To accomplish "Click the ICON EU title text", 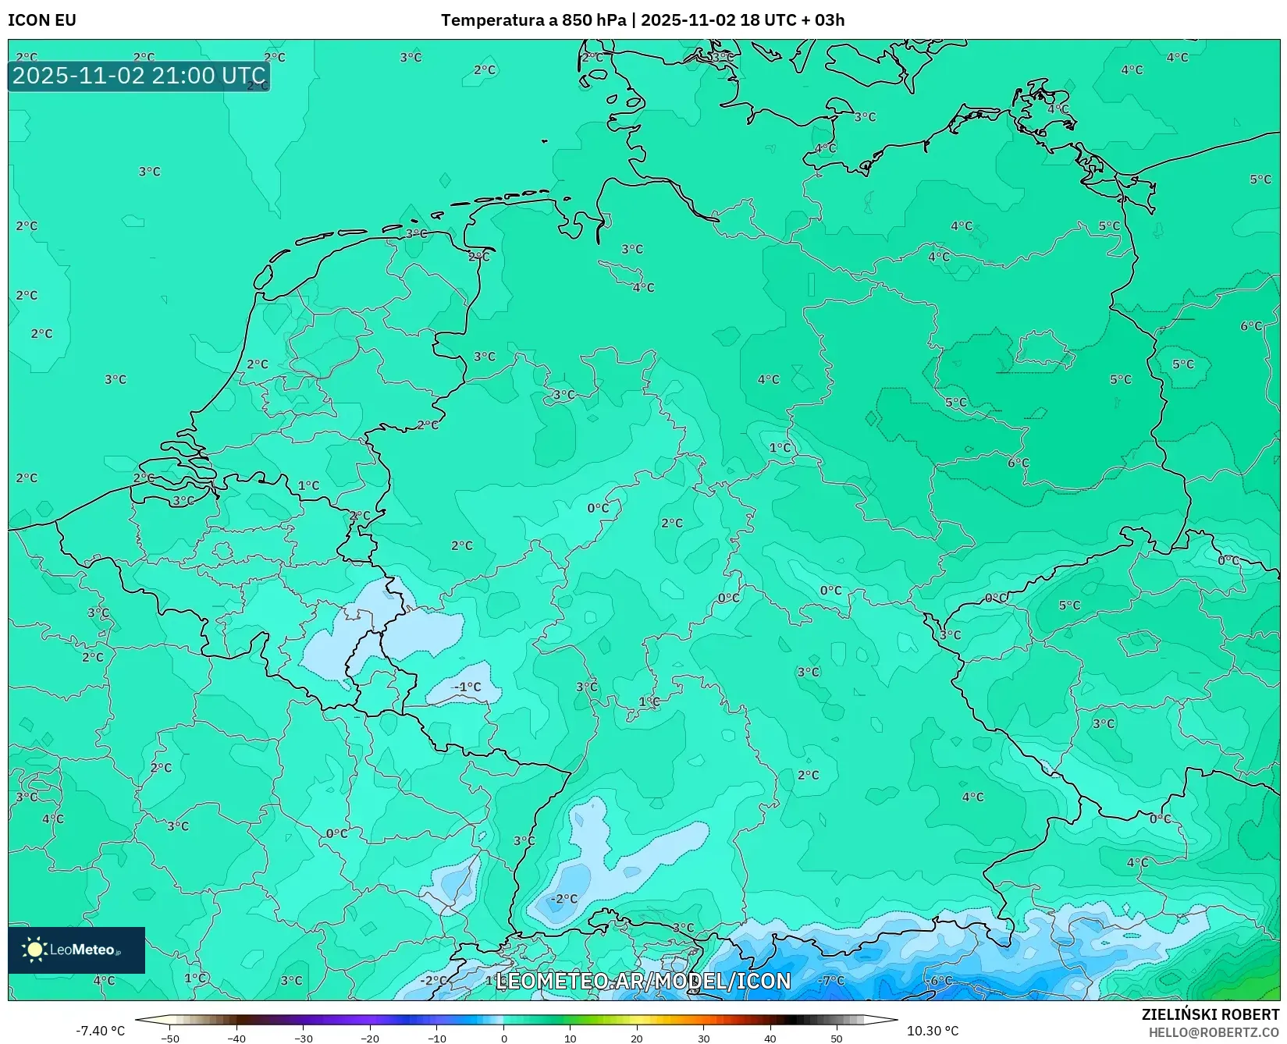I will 42,20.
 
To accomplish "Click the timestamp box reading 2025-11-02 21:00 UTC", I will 139,76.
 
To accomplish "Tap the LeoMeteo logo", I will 76,950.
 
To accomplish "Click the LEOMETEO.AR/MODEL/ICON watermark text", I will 643,981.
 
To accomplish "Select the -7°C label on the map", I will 831,981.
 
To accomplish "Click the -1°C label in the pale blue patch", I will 467,687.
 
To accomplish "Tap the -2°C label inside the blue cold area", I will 564,899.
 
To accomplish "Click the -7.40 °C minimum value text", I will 100,1031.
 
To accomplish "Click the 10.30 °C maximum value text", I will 933,1031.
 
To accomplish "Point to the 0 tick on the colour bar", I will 503,1038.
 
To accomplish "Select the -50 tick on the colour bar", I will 170,1038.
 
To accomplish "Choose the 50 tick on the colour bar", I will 837,1038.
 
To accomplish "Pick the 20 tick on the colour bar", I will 637,1038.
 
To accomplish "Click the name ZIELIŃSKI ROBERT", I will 1211,1014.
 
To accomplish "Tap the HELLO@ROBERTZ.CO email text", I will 1214,1032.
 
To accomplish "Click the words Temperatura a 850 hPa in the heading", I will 534,20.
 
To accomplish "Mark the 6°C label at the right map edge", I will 1251,326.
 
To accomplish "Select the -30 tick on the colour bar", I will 304,1038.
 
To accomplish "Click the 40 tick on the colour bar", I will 770,1038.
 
